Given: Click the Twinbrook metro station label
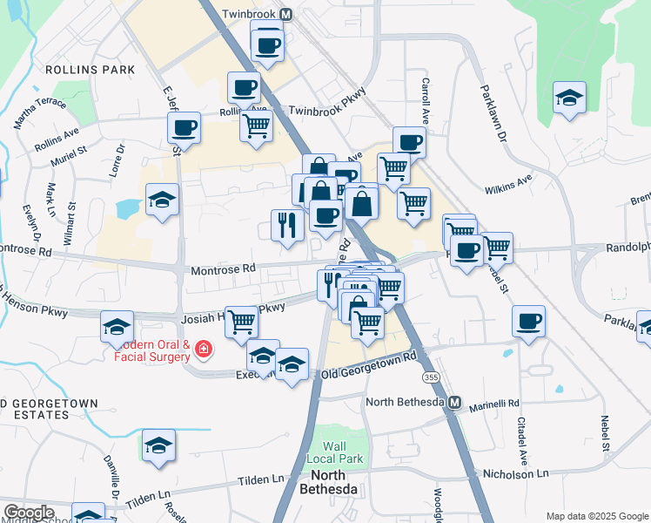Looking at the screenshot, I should tap(247, 14).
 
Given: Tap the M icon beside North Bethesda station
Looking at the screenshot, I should tap(454, 402).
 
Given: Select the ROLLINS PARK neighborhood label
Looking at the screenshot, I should tap(90, 69).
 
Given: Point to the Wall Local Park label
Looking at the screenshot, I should tap(335, 452).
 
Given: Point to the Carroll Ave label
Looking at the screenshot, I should tap(426, 98).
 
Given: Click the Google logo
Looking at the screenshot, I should tap(29, 512).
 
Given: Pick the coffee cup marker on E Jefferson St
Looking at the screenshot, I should tap(184, 127).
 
